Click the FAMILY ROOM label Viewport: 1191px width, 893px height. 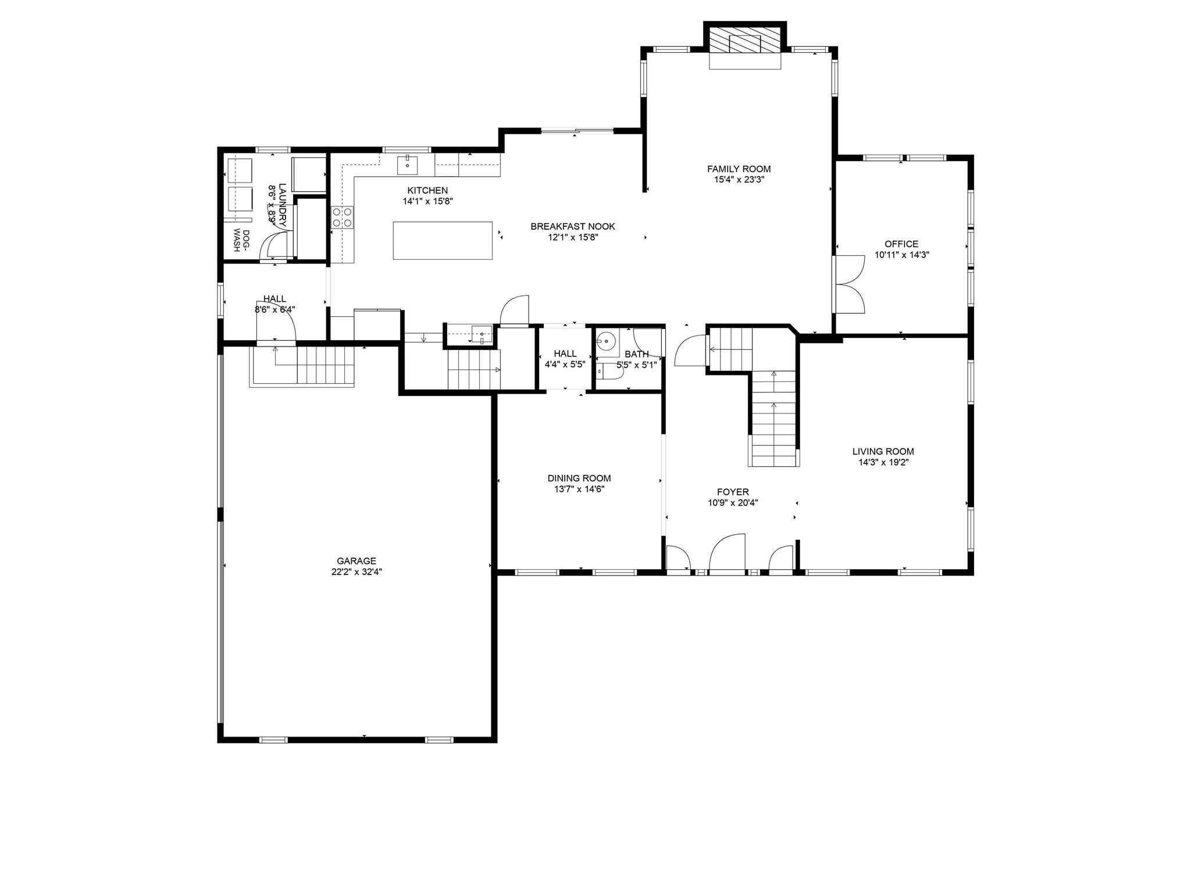[739, 169]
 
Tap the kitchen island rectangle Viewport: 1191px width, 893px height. [443, 240]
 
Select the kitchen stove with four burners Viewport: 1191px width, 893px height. [342, 217]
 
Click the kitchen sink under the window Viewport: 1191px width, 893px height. [408, 165]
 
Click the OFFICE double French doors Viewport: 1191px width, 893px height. [850, 284]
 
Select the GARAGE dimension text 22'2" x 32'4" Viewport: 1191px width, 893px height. [356, 572]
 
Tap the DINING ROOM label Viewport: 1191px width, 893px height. [579, 478]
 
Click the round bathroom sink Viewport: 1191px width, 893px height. [607, 341]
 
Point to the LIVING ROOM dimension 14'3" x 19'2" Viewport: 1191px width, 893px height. [883, 463]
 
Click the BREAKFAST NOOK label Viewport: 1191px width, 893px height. [572, 227]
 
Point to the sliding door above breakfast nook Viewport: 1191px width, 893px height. [577, 131]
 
